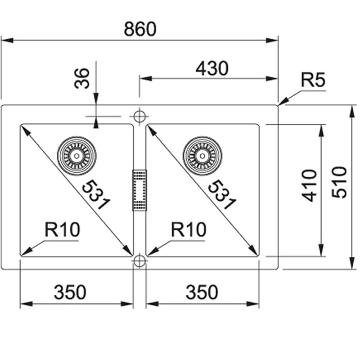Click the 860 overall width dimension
[x=140, y=29]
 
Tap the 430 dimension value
[x=212, y=68]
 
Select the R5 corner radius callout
[x=313, y=80]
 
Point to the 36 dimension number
[x=82, y=78]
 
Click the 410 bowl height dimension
[x=309, y=186]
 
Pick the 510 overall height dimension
[x=339, y=182]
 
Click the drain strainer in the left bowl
[x=76, y=156]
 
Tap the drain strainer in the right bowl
[x=202, y=156]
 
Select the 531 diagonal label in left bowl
[x=96, y=195]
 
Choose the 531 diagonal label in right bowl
[x=222, y=195]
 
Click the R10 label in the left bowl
[x=63, y=229]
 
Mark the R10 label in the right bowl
[x=189, y=229]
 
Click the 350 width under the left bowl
[x=70, y=292]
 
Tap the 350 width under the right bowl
[x=202, y=292]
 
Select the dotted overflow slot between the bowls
[x=139, y=190]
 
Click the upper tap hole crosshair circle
[x=139, y=117]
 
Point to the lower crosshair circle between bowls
[x=139, y=261]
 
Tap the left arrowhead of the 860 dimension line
[x=7, y=40]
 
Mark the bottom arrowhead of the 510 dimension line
[x=351, y=263]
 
